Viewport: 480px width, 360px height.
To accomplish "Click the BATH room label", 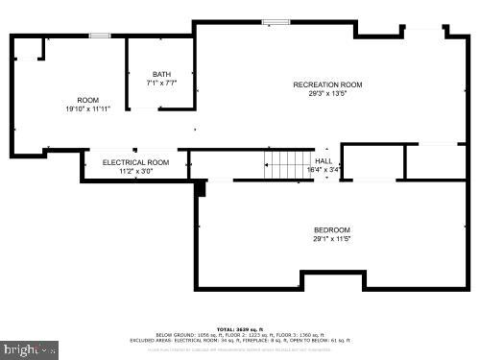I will (x=161, y=74).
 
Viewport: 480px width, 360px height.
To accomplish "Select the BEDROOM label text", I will (x=332, y=229).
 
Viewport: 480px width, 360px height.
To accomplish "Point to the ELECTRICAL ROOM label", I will (x=135, y=162).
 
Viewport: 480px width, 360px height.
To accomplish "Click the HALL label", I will (x=324, y=160).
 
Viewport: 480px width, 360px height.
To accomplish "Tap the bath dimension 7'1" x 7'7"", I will (x=161, y=84).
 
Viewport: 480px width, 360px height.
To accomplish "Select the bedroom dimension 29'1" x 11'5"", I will (x=332, y=239).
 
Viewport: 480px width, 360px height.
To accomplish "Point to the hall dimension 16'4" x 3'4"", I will (x=324, y=169).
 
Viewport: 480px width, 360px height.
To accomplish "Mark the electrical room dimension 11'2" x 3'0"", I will (x=135, y=172).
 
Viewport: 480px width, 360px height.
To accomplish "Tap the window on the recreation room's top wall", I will (x=276, y=22).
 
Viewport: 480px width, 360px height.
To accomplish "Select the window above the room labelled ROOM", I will (x=101, y=36).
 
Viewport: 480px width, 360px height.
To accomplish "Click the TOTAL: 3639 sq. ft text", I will (x=240, y=328).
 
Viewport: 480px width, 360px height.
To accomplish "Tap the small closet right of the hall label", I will (x=372, y=161).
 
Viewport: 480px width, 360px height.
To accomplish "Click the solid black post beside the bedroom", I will (x=200, y=188).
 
